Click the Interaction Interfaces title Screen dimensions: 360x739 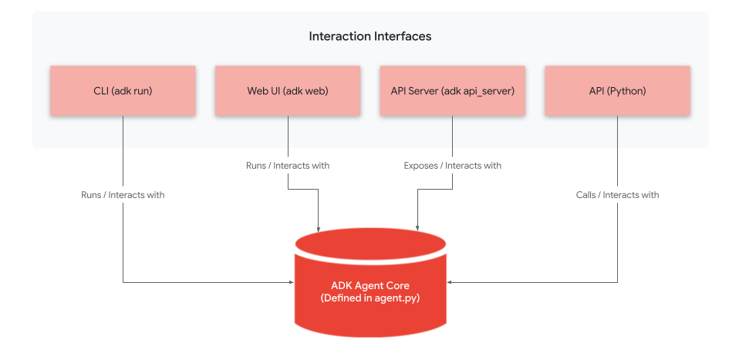coord(369,36)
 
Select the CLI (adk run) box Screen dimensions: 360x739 coord(123,91)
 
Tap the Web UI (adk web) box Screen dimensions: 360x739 coord(288,91)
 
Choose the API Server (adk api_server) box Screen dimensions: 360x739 coord(452,91)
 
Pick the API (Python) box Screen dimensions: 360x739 coord(617,91)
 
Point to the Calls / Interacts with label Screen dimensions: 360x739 coord(617,195)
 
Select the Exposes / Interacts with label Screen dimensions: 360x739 coord(452,165)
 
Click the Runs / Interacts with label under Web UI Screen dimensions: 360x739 coord(288,165)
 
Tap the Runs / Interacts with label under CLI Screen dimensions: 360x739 coord(123,195)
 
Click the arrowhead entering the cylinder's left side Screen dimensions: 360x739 coord(291,282)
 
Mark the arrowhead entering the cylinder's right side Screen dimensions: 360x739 coord(450,282)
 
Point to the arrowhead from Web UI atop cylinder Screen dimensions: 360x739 coord(319,229)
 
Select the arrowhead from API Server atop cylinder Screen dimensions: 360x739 coord(417,229)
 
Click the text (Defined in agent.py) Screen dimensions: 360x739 coord(369,298)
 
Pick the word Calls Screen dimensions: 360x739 coord(586,195)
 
